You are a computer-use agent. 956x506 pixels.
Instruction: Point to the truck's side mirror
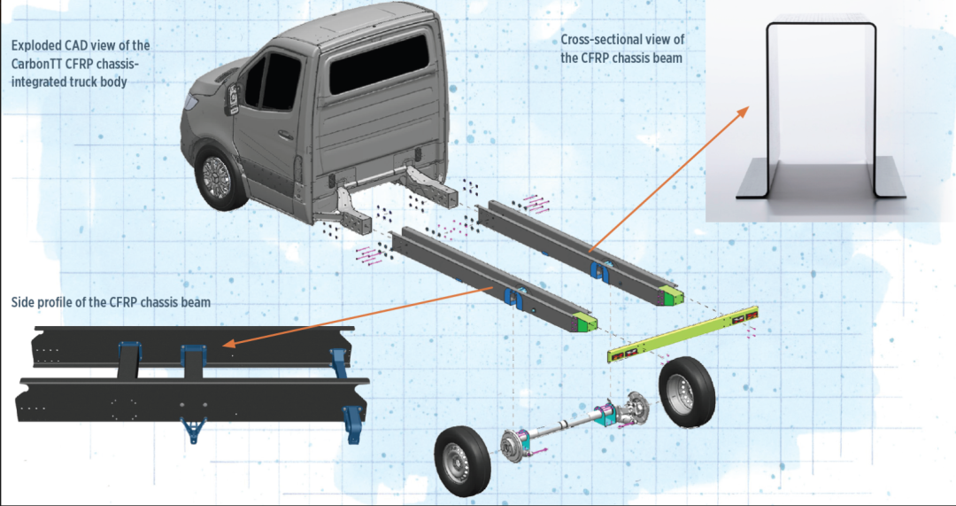coord(232,98)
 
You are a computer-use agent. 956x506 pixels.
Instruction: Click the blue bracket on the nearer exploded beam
coord(513,298)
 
